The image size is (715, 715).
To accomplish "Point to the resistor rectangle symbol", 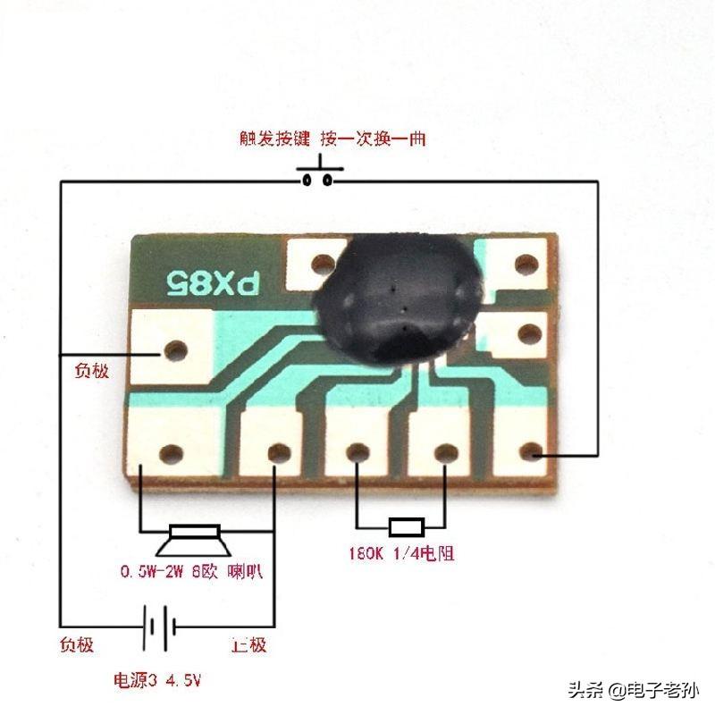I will [x=408, y=526].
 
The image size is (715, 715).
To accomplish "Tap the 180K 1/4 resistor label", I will [x=401, y=553].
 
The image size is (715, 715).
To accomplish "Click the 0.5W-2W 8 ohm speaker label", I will [x=192, y=570].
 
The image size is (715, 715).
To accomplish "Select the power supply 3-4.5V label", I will [x=156, y=680].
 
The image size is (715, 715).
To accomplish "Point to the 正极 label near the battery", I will [x=248, y=645].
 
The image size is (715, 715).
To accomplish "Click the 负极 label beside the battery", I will [x=76, y=645].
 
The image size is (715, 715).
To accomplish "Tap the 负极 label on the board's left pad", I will [x=88, y=369].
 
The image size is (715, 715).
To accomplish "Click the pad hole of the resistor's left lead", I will [x=357, y=453].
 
